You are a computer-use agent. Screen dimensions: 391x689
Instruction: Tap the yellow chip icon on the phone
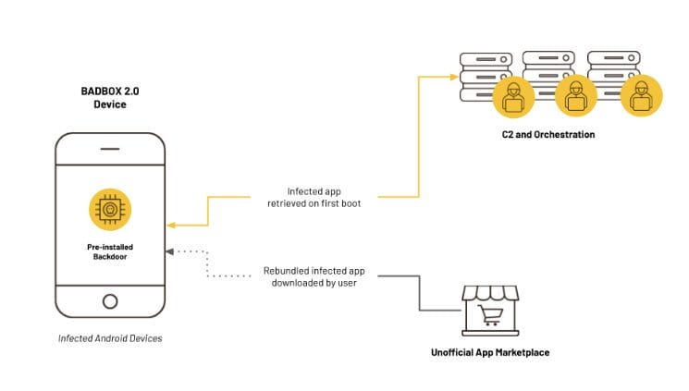109,210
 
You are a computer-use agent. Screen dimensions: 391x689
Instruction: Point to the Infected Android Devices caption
109,338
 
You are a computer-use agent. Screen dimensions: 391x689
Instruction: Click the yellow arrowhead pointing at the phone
170,225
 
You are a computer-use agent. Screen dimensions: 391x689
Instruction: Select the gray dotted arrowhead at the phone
169,251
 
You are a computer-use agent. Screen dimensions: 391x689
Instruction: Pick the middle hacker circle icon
575,95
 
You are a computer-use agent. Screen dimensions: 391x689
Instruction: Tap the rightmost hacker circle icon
640,95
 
